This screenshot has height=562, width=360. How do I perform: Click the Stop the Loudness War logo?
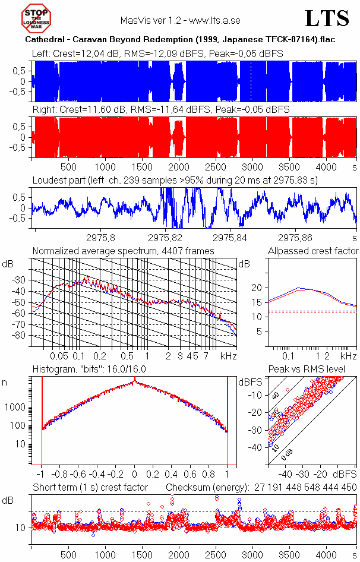click(37, 18)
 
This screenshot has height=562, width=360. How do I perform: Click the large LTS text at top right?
click(327, 19)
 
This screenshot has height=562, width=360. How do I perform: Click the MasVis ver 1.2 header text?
click(180, 20)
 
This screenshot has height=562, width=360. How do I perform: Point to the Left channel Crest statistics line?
click(157, 54)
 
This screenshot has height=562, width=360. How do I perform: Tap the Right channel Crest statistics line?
click(160, 110)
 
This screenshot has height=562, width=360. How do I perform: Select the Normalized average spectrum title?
click(123, 251)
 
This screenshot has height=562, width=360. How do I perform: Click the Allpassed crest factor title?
click(313, 251)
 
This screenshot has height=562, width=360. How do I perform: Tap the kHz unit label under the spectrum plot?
click(229, 356)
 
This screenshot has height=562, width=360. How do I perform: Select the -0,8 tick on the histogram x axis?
click(59, 475)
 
